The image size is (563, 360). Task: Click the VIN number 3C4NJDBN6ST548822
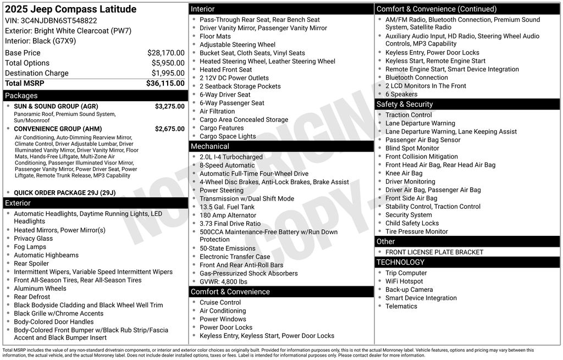coord(59,21)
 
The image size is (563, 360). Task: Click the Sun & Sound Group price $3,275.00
coord(169,106)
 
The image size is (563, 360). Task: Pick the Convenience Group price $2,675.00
coord(169,129)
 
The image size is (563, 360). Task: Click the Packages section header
coord(21,96)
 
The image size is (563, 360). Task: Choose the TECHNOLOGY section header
coord(400,262)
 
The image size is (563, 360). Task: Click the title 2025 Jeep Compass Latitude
coord(71,9)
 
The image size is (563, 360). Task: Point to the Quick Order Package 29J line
coord(65,193)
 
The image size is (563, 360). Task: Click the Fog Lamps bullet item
coord(30,247)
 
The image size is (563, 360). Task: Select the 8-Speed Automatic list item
coord(227,165)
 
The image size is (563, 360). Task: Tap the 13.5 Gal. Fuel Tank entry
coord(227,207)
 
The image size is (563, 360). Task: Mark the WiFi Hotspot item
coord(404,281)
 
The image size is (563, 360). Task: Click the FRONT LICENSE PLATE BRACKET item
coord(434,252)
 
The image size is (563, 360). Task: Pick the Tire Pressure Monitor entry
coord(416,231)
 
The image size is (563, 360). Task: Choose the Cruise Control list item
coord(220,302)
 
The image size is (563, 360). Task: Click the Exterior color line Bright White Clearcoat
coord(68,31)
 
